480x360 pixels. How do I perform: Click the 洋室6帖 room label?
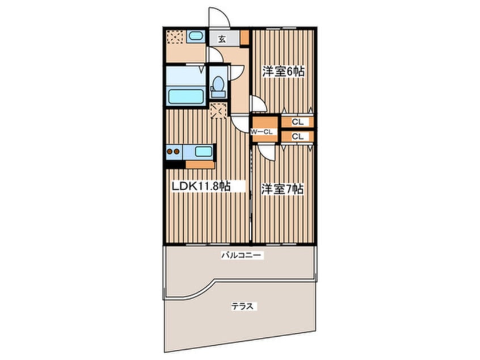[283, 72]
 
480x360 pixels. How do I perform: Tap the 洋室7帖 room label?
[282, 189]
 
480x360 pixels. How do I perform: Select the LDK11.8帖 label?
[201, 186]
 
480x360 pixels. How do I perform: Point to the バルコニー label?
[242, 255]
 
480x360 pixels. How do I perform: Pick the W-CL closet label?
[262, 132]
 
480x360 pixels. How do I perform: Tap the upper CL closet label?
[297, 122]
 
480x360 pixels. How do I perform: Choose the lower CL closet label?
[297, 136]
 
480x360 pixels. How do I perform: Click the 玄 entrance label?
[222, 39]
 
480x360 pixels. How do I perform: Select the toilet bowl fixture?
[218, 83]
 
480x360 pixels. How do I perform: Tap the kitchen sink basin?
[204, 152]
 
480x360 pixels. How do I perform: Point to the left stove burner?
[169, 151]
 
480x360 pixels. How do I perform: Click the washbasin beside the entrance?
[195, 36]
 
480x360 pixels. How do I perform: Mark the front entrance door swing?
[220, 17]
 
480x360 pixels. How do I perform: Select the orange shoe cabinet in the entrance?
[245, 37]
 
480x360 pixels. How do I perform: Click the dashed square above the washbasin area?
[175, 37]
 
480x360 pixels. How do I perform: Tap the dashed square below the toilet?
[218, 111]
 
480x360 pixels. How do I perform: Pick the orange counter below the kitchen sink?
[200, 165]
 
